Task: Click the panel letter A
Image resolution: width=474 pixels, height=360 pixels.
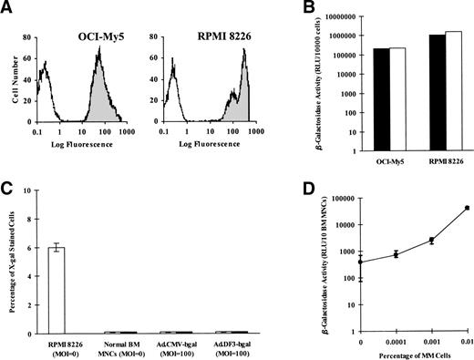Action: coord(8,8)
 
